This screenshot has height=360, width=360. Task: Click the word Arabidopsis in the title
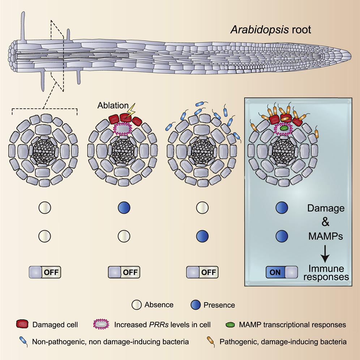pos(260,30)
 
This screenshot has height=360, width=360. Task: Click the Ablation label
pos(113,106)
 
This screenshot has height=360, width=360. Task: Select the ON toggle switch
pos(282,272)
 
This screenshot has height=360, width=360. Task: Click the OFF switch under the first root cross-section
pos(45,272)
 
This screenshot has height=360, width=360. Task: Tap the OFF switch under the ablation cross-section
pos(124,272)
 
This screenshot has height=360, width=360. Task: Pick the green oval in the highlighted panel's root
pos(284,128)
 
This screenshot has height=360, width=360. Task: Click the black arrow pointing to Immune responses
pos(325,253)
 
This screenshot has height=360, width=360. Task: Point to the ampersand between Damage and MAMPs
pos(325,222)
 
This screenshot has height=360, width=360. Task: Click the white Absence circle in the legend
pos(137,305)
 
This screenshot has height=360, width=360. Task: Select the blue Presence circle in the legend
pos(196,305)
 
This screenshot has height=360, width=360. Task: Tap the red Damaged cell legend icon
pos(22,324)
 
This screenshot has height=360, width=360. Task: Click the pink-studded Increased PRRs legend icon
pos(101,324)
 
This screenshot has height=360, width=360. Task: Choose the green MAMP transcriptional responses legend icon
pos(230,325)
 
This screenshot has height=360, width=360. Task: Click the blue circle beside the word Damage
pos(282,208)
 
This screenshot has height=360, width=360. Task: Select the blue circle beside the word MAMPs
pos(282,236)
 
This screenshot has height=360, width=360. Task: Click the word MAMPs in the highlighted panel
pos(326,236)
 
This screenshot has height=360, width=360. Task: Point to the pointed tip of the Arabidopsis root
pos(351,56)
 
